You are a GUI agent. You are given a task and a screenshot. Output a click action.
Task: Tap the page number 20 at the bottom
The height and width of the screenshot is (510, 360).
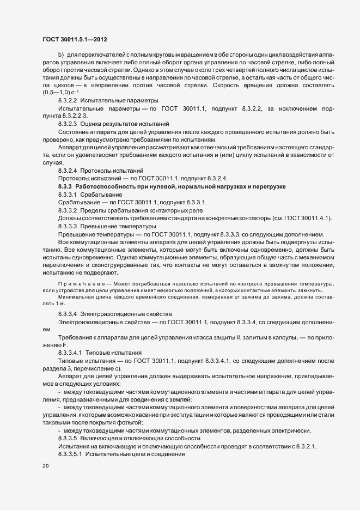pyautogui.click(x=45, y=466)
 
